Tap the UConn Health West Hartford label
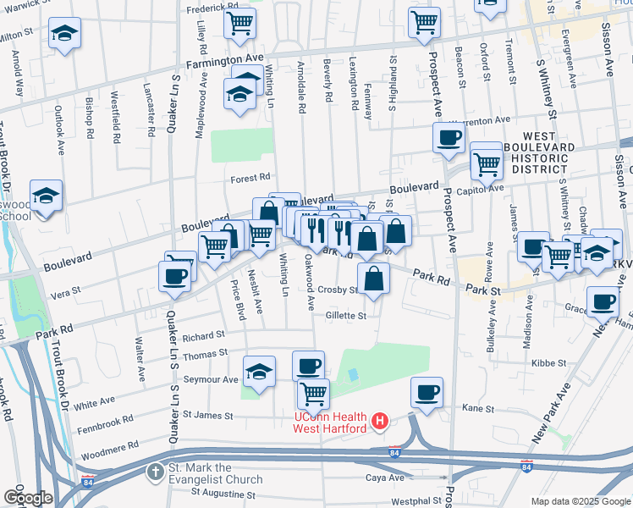click(331, 422)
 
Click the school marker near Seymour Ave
click(260, 372)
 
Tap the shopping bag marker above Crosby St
click(373, 278)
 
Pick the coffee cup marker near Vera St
click(175, 276)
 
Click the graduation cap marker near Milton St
click(64, 34)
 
